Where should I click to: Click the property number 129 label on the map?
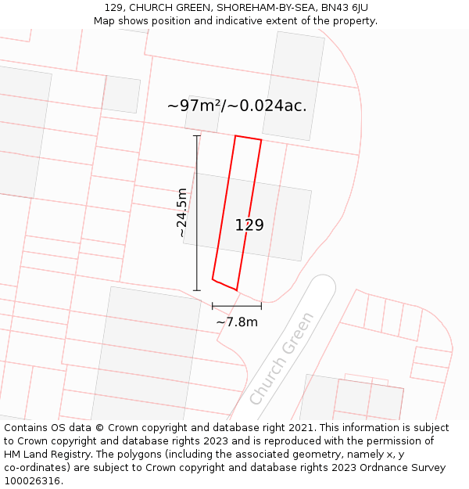click(x=249, y=225)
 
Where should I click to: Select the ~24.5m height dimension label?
click(x=182, y=213)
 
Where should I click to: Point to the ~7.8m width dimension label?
click(x=237, y=322)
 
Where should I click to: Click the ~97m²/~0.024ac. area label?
click(x=237, y=106)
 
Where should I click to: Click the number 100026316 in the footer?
click(x=32, y=481)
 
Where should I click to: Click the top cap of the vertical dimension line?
click(x=197, y=136)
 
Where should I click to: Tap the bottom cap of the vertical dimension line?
click(x=197, y=290)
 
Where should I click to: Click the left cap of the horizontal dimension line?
click(x=213, y=306)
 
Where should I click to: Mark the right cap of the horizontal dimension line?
click(x=261, y=306)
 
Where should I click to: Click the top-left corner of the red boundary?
click(x=236, y=136)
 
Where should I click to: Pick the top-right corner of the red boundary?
click(x=261, y=141)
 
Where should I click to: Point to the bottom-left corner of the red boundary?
click(x=213, y=279)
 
